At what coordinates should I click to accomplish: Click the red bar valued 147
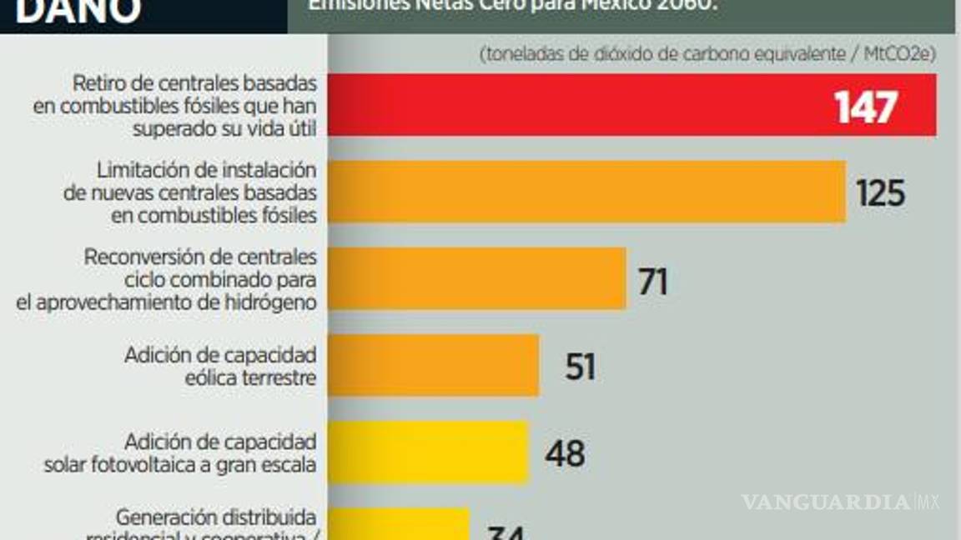[584, 105]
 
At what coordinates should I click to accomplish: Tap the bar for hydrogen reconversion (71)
[475, 278]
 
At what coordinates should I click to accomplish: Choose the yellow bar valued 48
[427, 452]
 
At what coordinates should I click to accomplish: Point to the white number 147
[865, 107]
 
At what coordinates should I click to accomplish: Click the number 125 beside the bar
[880, 193]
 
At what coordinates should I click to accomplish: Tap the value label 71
[653, 282]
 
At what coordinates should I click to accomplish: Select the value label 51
[580, 367]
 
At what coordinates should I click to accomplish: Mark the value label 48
[565, 453]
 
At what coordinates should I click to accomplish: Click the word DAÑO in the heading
[78, 12]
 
